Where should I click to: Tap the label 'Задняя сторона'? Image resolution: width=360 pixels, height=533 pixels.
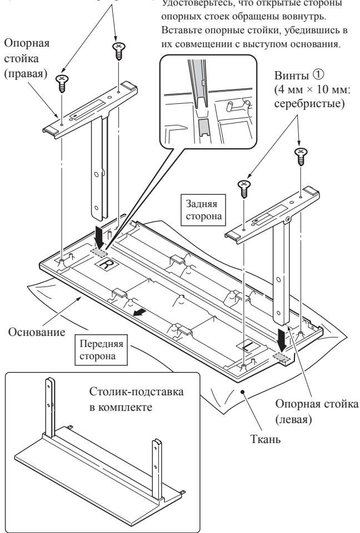pos(202,211)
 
